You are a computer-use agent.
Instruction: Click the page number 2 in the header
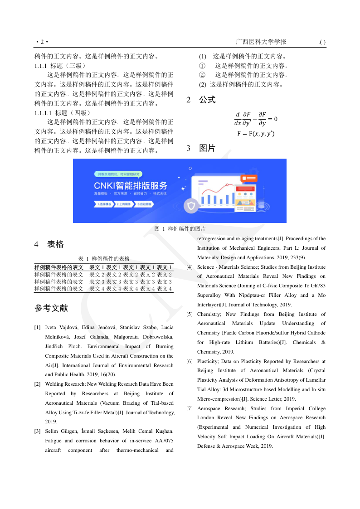(x=41, y=43)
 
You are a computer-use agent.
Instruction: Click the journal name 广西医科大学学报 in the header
(x=261, y=42)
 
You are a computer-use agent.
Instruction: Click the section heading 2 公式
(x=201, y=100)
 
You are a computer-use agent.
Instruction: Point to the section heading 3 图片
(x=201, y=148)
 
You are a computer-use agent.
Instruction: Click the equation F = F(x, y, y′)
(x=256, y=134)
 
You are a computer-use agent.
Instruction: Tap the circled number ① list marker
(x=202, y=66)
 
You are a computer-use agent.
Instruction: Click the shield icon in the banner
(x=191, y=207)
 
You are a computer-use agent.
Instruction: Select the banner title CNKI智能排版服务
(x=131, y=185)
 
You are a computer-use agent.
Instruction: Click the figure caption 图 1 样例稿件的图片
(x=180, y=229)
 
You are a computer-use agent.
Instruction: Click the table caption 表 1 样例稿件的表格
(x=104, y=258)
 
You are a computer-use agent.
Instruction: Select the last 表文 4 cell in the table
(x=164, y=289)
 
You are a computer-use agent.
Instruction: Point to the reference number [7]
(x=190, y=409)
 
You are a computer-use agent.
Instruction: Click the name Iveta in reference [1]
(x=52, y=327)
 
